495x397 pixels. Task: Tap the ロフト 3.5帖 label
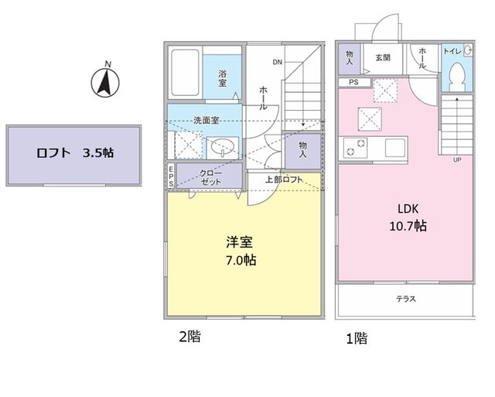click(75, 153)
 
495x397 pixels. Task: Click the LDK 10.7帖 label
click(408, 218)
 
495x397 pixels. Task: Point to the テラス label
click(406, 299)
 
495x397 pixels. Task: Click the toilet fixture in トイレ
click(456, 74)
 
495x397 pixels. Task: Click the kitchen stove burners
click(353, 146)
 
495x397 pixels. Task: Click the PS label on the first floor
click(353, 82)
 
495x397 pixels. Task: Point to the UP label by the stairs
click(457, 160)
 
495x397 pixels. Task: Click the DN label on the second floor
click(276, 62)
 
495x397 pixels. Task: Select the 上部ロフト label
click(282, 180)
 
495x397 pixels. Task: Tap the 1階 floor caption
click(356, 337)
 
